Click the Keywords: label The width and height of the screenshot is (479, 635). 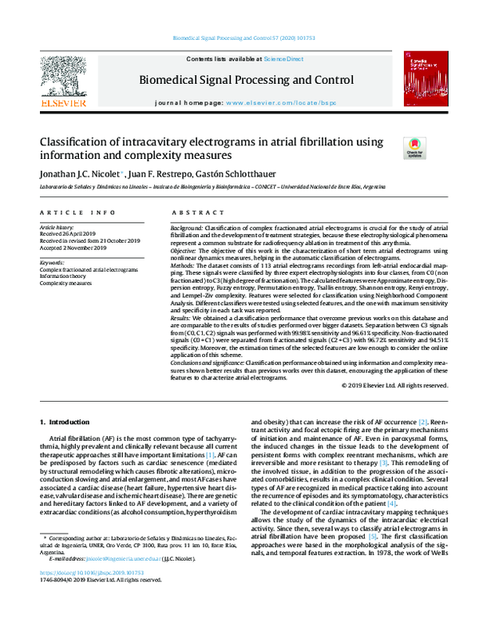(x=52, y=262)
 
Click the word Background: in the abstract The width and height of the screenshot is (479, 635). (x=186, y=228)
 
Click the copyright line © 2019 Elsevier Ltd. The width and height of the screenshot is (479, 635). (x=390, y=385)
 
